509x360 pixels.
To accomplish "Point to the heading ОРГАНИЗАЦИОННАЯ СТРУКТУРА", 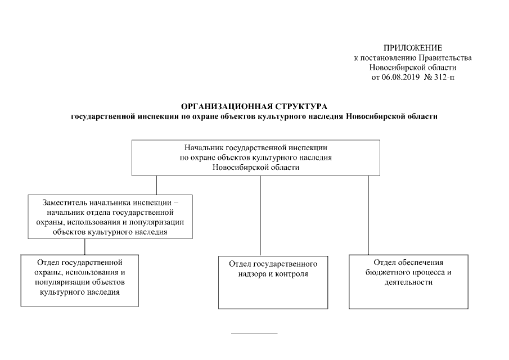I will pos(254,106).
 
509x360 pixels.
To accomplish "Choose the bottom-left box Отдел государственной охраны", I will pos(79,280).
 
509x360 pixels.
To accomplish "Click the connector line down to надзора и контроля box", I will pos(260,217).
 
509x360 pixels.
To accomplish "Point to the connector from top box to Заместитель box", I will pos(156,185).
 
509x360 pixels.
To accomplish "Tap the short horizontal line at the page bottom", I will pos(255,334).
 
